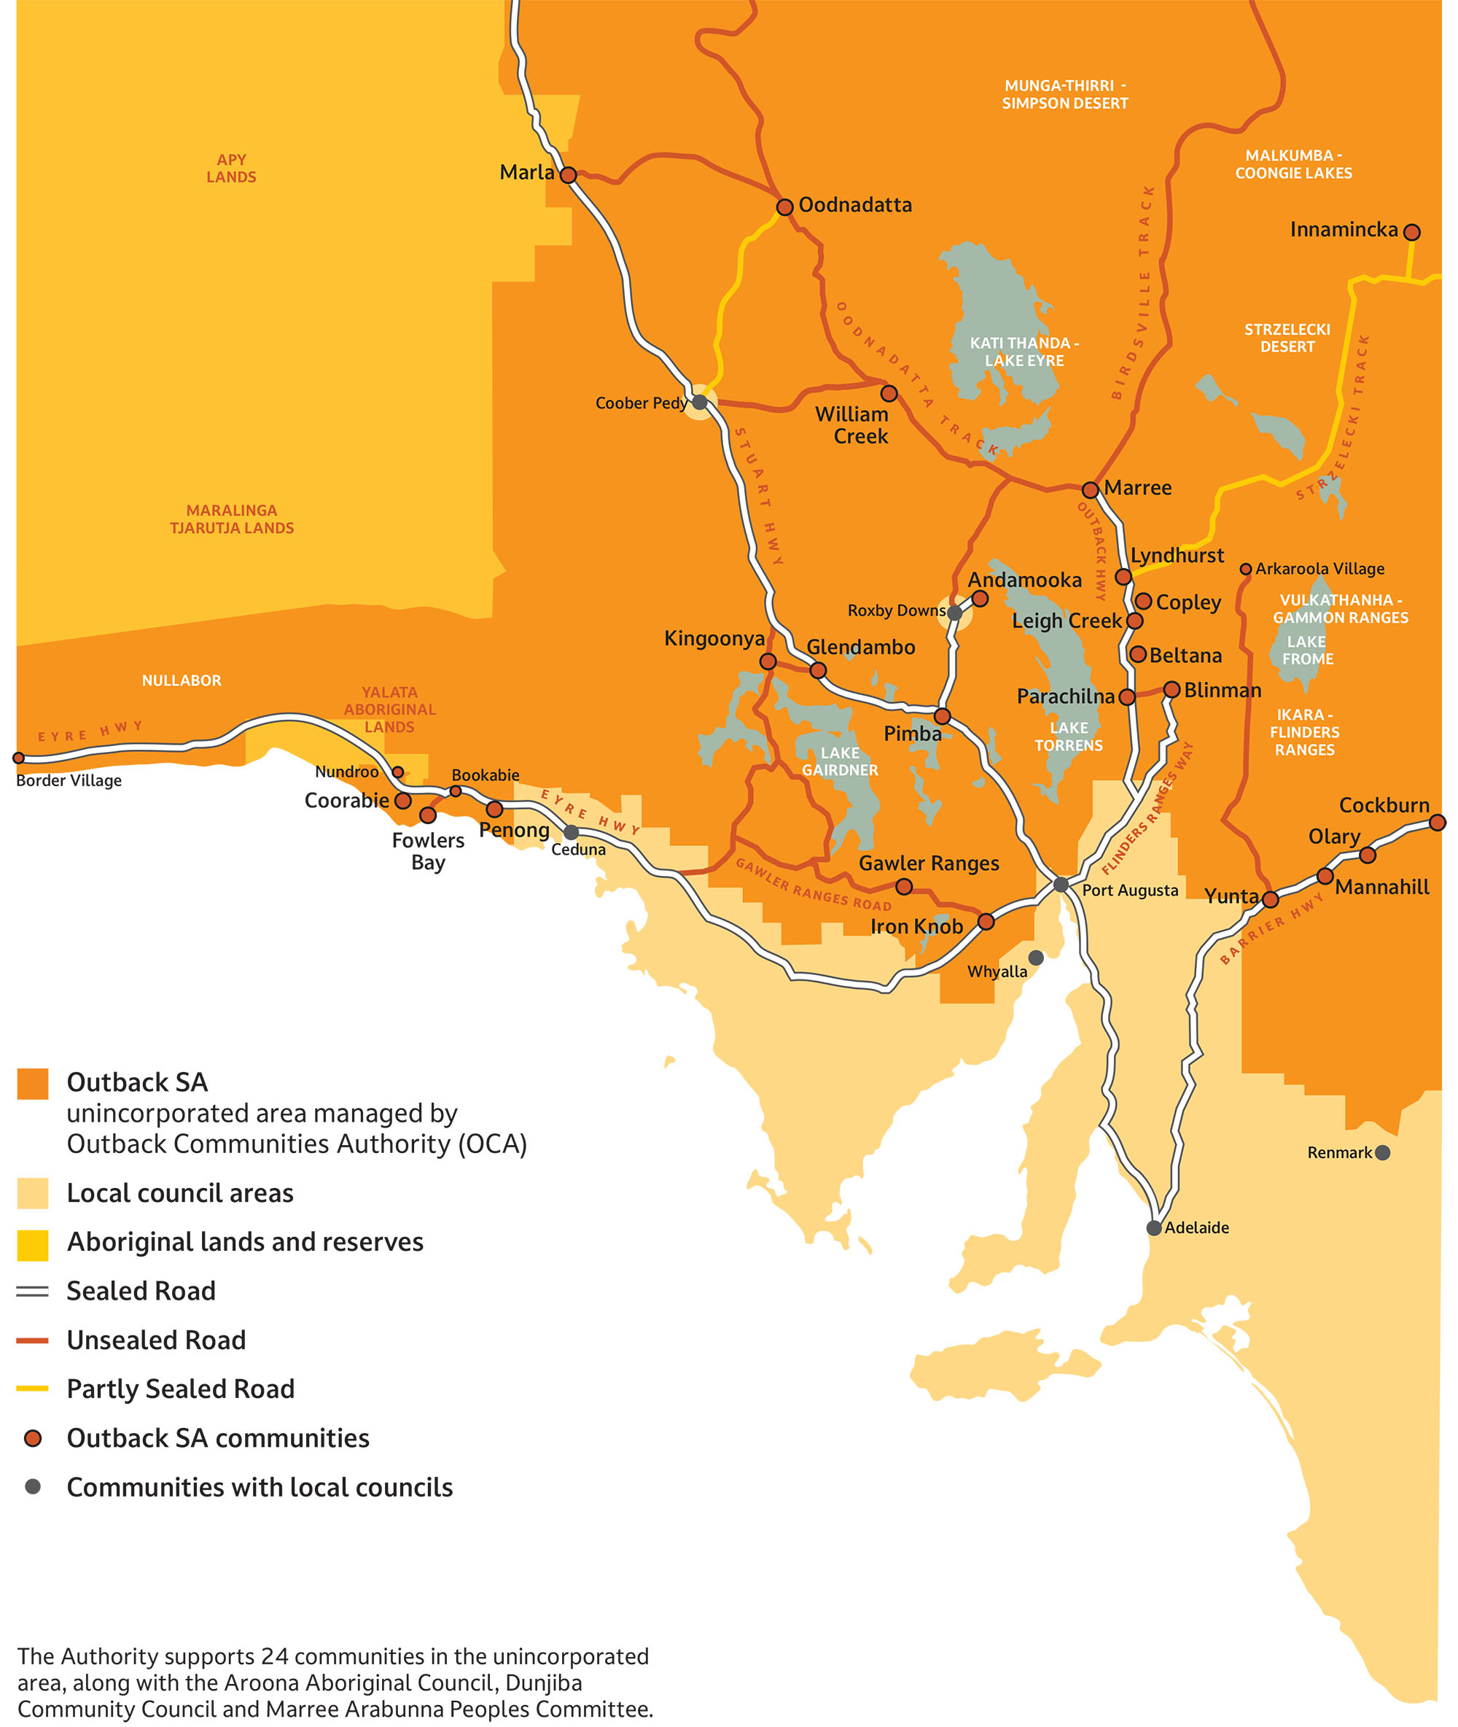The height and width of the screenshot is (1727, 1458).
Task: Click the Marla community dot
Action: [568, 175]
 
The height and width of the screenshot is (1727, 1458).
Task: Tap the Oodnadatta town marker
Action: [784, 206]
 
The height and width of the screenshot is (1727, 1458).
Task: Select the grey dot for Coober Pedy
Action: [699, 403]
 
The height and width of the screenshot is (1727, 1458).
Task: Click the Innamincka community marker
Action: [1412, 233]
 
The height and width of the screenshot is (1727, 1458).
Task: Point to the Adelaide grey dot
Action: [1154, 1228]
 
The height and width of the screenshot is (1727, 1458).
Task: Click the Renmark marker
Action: [1382, 1152]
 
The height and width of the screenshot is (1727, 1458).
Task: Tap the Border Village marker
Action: [18, 758]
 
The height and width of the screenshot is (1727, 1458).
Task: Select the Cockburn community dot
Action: [1438, 823]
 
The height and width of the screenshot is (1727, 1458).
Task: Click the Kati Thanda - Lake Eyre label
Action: [1024, 352]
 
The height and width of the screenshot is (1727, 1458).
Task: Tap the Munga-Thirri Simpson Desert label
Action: [1064, 94]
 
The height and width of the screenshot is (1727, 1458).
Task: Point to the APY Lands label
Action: [231, 168]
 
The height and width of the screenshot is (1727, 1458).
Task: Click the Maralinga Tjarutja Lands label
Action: [231, 519]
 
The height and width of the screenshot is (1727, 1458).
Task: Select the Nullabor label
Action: [181, 680]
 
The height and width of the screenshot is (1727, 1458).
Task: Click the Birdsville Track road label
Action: [1132, 293]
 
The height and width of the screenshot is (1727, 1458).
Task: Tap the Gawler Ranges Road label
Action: [814, 885]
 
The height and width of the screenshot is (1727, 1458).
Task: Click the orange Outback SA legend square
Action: [33, 1083]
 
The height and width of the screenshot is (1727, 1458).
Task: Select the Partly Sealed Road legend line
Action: [33, 1389]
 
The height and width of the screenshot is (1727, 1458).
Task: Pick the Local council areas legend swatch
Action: [33, 1194]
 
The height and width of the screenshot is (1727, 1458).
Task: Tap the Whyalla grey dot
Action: [1036, 958]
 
